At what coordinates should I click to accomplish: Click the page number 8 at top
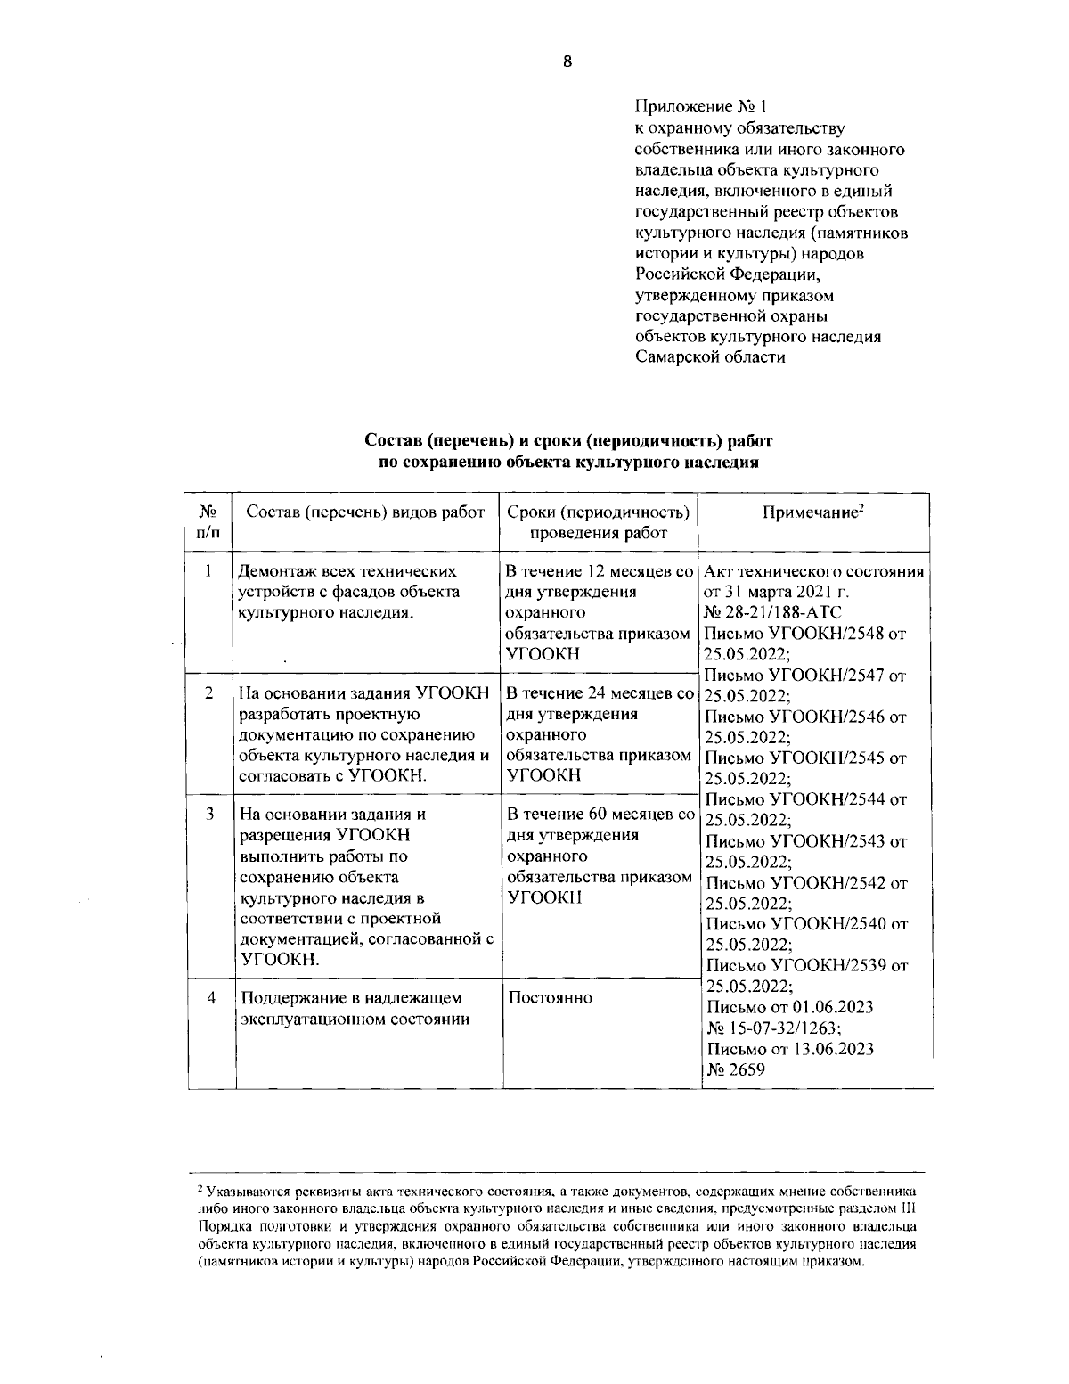pyautogui.click(x=567, y=61)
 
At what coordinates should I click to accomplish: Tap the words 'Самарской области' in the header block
pyautogui.click(x=710, y=357)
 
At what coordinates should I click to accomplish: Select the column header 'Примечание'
pyautogui.click(x=814, y=513)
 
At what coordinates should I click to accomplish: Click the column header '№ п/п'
pyautogui.click(x=208, y=522)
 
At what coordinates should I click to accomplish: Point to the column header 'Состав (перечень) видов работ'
pyautogui.click(x=365, y=512)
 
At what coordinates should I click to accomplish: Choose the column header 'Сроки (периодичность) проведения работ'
pyautogui.click(x=598, y=523)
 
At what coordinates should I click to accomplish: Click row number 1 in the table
pyautogui.click(x=208, y=570)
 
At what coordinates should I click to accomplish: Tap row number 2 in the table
pyautogui.click(x=208, y=692)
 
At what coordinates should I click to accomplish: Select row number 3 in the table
pyautogui.click(x=208, y=814)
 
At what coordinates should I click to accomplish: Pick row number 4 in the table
pyautogui.click(x=211, y=998)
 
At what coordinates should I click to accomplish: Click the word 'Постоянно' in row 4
pyautogui.click(x=550, y=997)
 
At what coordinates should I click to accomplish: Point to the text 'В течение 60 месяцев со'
pyautogui.click(x=600, y=814)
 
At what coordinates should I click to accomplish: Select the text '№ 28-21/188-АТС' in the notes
pyautogui.click(x=771, y=613)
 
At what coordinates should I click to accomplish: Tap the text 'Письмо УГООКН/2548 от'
pyautogui.click(x=804, y=635)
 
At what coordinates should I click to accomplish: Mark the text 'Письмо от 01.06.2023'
pyautogui.click(x=789, y=1007)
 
